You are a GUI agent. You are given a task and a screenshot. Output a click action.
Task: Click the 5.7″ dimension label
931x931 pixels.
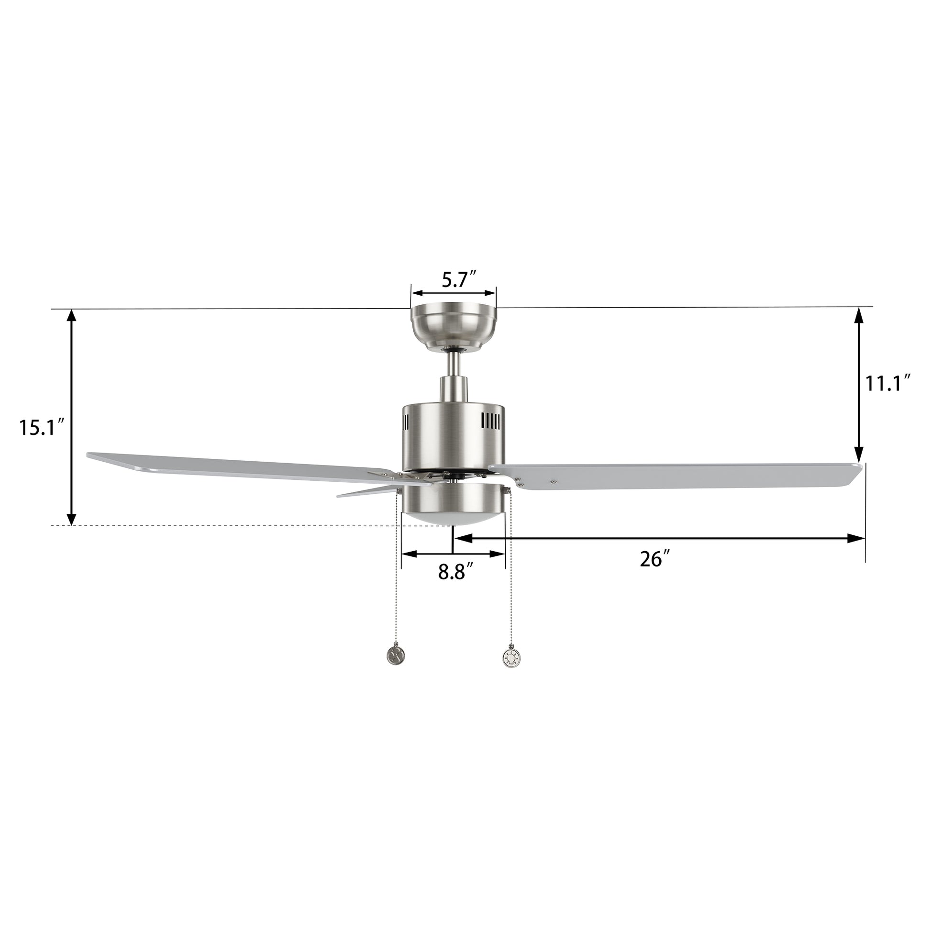459,280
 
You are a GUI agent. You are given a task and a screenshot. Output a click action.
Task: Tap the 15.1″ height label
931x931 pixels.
42,427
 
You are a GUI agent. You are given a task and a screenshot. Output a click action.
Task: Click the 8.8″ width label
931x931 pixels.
455,573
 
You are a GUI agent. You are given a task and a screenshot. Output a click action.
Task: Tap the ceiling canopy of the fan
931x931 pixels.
453,327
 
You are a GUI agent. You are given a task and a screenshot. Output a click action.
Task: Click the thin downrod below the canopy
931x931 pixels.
453,364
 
